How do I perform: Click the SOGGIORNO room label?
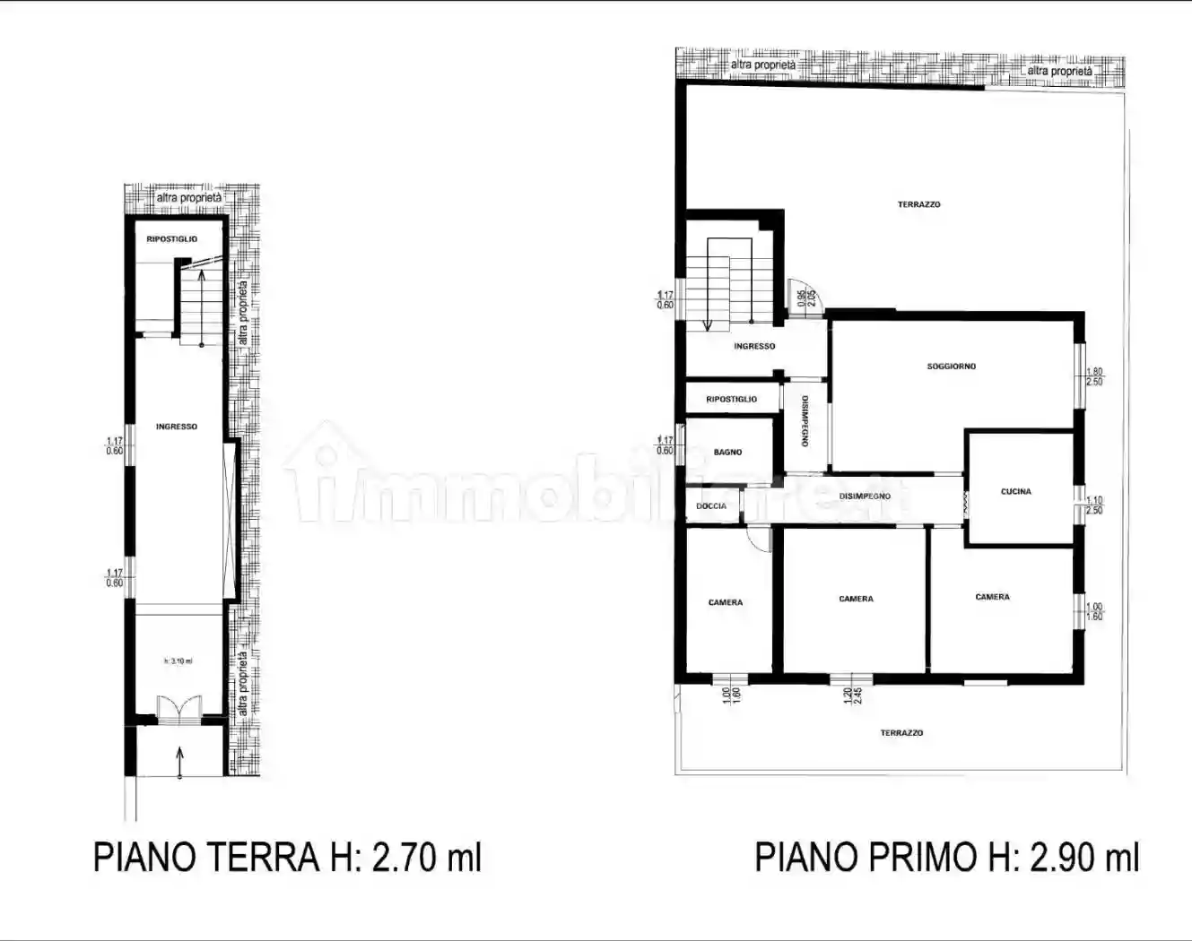click(951, 367)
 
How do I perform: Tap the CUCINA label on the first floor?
click(1015, 492)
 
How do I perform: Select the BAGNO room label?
click(727, 453)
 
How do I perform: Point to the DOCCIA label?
click(711, 506)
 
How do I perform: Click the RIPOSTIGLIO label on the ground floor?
click(172, 239)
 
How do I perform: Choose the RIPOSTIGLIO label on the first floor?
click(731, 400)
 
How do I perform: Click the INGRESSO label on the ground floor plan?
click(176, 427)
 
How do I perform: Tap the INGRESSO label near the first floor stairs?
click(754, 347)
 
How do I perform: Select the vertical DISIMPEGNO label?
click(805, 421)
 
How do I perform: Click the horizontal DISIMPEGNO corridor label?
click(865, 496)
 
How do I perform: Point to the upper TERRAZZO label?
click(918, 205)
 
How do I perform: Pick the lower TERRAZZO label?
click(901, 733)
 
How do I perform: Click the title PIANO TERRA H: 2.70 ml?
click(287, 858)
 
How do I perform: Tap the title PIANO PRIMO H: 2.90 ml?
click(946, 858)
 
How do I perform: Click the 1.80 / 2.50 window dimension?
click(1094, 377)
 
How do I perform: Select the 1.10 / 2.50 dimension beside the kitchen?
click(1094, 505)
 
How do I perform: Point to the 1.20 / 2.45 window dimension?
click(852, 695)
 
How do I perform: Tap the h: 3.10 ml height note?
click(178, 661)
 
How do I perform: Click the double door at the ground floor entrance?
click(179, 709)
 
